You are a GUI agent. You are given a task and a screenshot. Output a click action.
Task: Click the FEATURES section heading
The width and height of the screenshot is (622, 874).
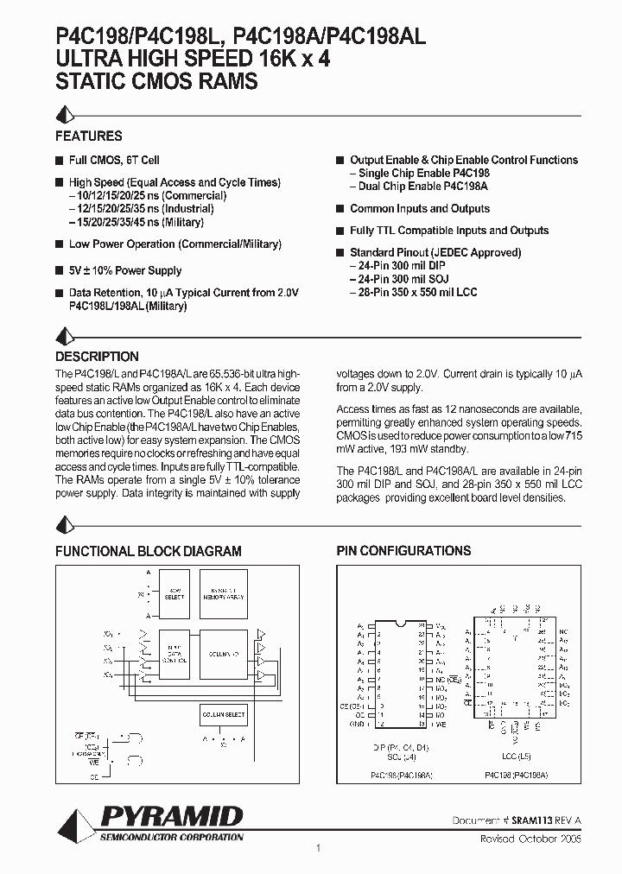(x=89, y=136)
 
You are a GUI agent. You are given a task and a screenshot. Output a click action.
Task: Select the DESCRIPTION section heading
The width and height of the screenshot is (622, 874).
(x=97, y=357)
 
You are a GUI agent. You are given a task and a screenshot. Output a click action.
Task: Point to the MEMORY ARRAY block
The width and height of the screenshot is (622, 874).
(x=224, y=597)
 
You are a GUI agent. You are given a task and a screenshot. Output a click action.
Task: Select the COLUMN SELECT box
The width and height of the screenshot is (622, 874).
(x=224, y=714)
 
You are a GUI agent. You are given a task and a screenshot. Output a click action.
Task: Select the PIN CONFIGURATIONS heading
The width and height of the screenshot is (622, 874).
(x=403, y=551)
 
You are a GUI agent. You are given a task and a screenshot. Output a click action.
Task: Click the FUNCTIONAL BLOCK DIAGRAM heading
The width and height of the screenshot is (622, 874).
(x=149, y=551)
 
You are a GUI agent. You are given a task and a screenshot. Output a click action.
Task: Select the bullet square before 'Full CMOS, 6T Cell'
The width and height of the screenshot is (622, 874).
(x=60, y=161)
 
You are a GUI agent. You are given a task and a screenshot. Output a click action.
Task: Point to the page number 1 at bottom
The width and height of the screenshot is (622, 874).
(x=318, y=848)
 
